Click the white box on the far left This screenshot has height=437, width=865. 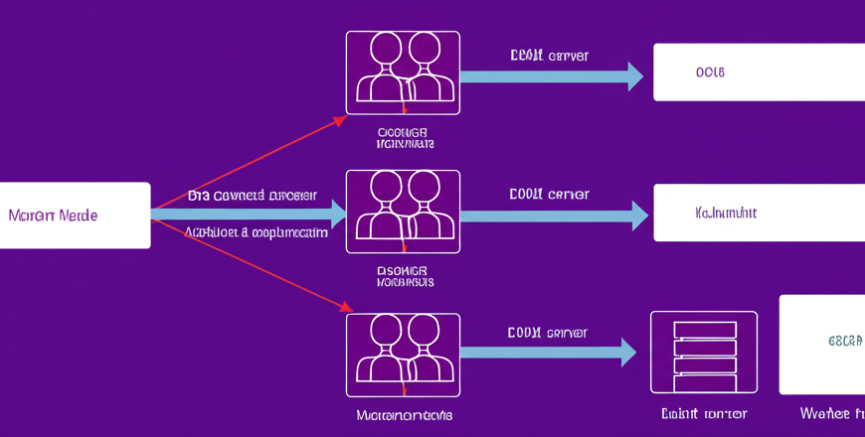[76, 215]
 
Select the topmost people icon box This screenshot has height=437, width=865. [403, 72]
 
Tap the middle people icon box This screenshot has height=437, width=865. [403, 212]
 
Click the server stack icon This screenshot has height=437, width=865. [703, 353]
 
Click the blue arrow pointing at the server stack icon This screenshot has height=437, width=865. [547, 352]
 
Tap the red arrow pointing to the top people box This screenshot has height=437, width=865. [249, 165]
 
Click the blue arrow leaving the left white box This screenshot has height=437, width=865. [249, 213]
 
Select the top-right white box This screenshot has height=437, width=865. [759, 73]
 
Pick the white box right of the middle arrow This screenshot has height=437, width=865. [759, 213]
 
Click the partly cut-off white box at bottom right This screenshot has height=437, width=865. [822, 344]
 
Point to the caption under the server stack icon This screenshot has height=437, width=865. [704, 413]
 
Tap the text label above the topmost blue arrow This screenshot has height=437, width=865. [549, 56]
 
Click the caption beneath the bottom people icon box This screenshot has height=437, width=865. [404, 414]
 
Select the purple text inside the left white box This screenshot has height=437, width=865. [53, 215]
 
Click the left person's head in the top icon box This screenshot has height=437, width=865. [385, 49]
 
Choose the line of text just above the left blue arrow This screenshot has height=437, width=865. [252, 196]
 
